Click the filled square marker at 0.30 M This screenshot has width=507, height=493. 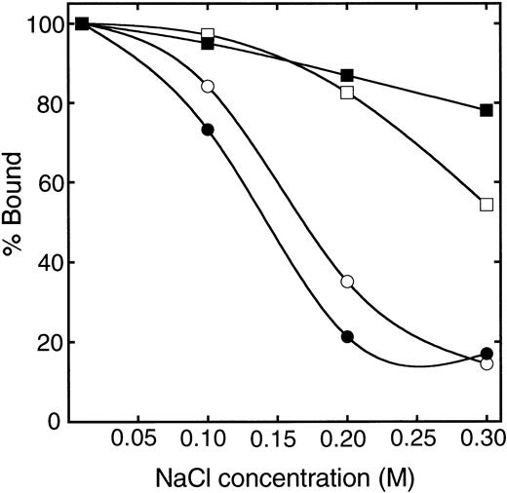(x=487, y=110)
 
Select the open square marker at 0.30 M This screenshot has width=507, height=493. (x=487, y=205)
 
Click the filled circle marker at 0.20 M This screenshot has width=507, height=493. (x=347, y=336)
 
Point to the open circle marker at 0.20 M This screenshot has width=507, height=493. (x=347, y=282)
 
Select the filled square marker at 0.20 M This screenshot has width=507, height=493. (x=347, y=76)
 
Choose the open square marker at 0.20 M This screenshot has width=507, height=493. (x=347, y=93)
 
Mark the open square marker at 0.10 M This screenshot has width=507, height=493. (x=208, y=34)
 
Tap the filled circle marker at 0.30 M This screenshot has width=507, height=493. (x=487, y=353)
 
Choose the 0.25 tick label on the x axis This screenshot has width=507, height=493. (x=416, y=440)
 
